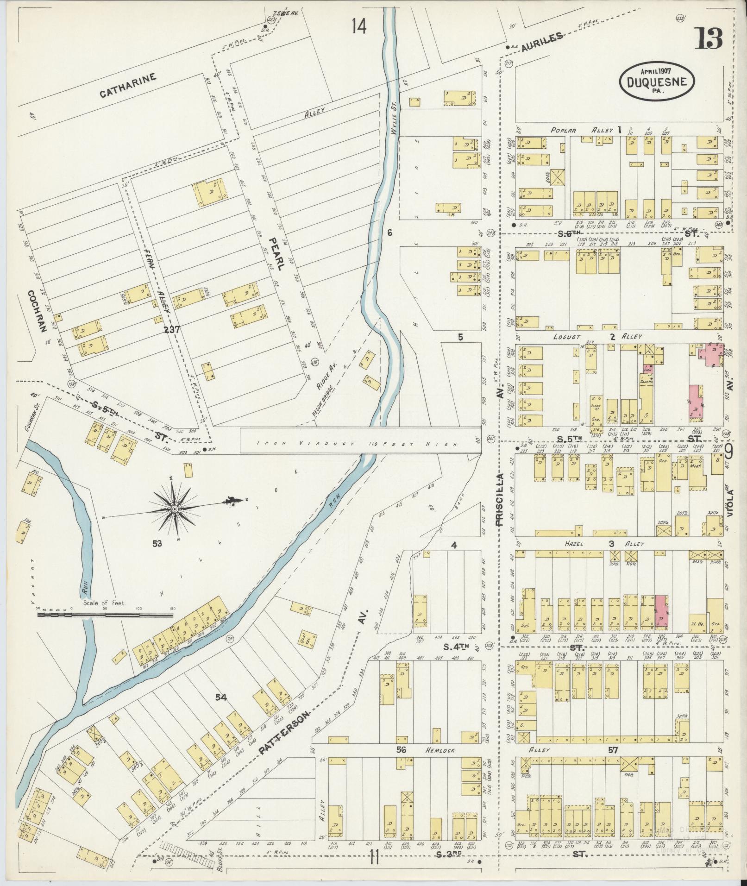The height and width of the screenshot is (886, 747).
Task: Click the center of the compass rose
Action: pos(175,509)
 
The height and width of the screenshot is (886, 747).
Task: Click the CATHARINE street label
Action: pos(128,86)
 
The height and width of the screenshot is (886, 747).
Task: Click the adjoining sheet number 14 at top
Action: pos(359,26)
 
